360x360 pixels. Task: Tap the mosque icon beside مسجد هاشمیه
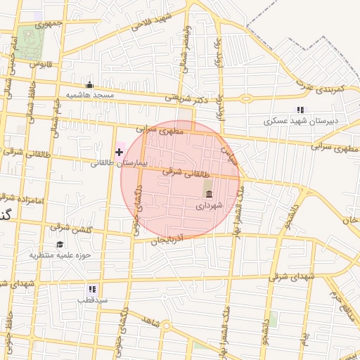coord(89,85)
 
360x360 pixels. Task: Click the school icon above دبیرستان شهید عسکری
coord(301,110)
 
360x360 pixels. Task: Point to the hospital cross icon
coord(119,152)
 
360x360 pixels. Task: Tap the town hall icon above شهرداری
coord(208,194)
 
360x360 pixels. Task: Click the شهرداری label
coord(209,205)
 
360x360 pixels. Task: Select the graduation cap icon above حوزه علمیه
coord(60,245)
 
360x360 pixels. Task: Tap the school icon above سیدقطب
coord(92,289)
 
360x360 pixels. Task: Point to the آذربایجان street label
coord(167,240)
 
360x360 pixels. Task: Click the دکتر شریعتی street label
coord(181,98)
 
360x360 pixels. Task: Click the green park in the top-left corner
coord(30,41)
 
